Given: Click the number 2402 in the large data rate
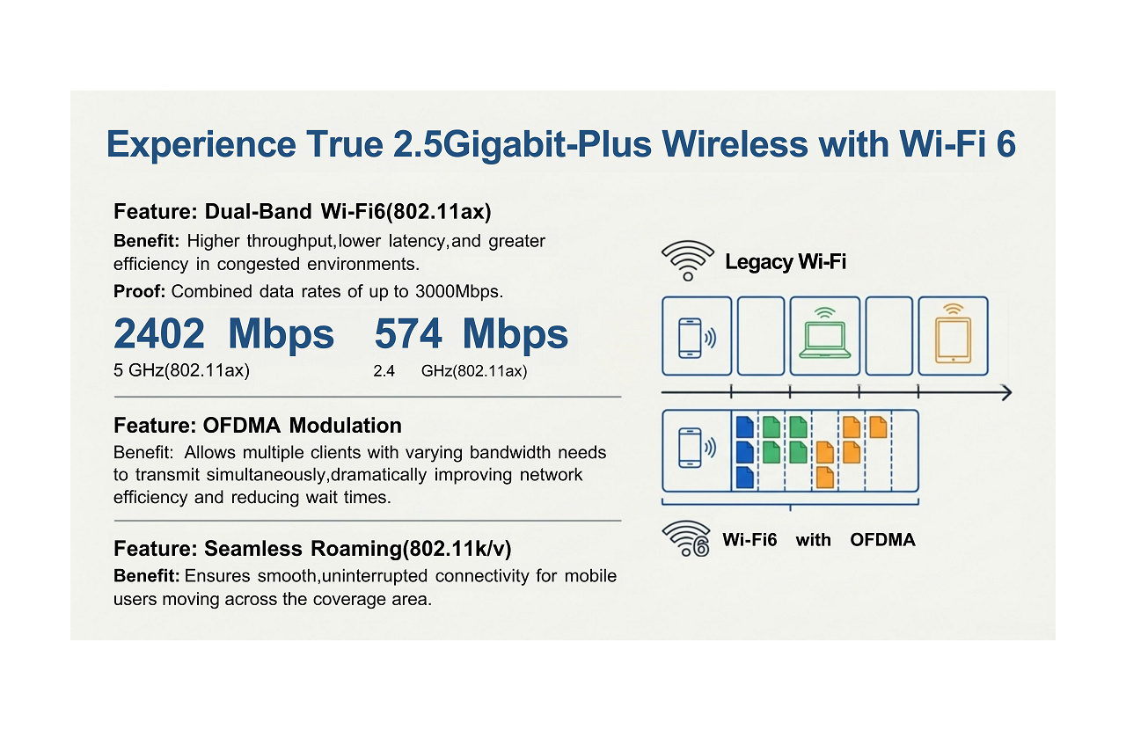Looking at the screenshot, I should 159,334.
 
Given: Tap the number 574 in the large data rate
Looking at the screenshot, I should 408,334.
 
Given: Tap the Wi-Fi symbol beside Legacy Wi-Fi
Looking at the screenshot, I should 687,260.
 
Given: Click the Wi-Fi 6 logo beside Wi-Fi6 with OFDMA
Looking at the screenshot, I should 687,539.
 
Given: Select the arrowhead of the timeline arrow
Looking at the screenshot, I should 1005,392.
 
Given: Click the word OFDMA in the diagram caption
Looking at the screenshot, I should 882,540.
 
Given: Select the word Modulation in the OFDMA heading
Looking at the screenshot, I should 345,426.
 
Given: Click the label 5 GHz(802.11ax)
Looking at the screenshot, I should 181,370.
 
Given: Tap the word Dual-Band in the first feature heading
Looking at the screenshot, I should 258,212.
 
